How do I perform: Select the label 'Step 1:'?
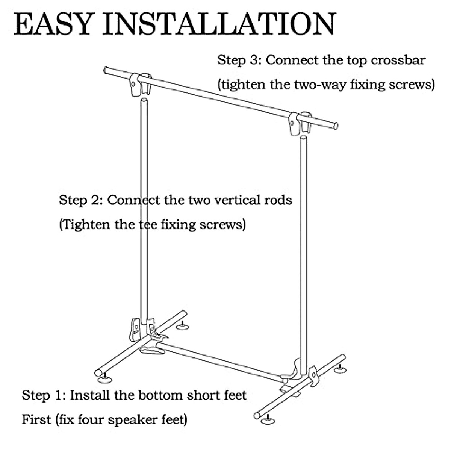point(43,395)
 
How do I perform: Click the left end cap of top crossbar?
point(106,70)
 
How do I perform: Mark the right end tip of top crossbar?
point(336,126)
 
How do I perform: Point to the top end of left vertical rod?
point(143,100)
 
